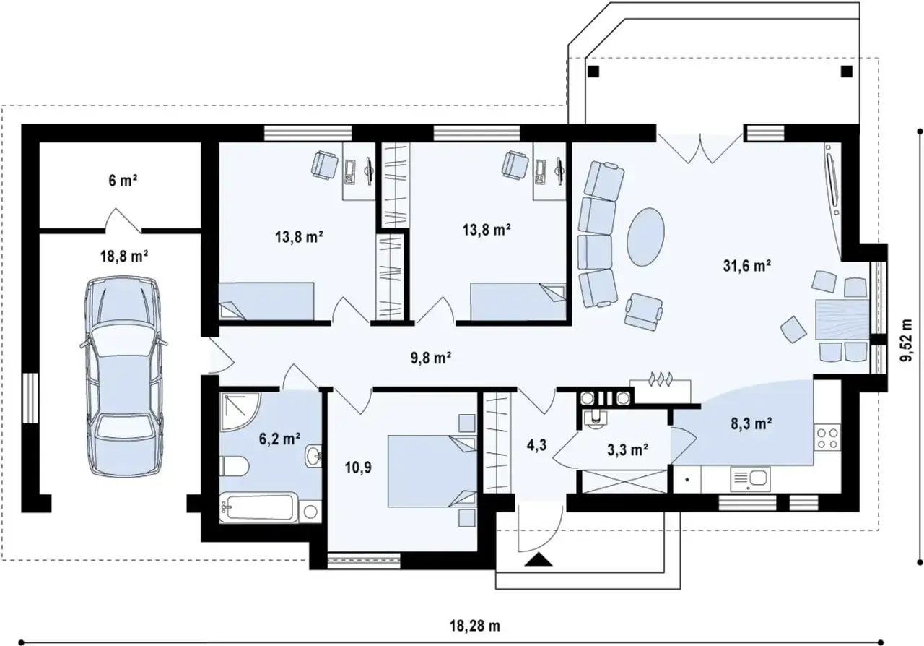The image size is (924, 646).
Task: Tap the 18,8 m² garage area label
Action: click(123, 257)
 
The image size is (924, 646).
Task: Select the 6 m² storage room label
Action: click(123, 181)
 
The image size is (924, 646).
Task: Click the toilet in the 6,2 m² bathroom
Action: click(234, 467)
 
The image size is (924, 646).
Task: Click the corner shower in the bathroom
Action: click(240, 412)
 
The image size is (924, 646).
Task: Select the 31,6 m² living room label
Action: click(747, 266)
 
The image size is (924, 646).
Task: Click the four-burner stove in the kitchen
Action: click(827, 438)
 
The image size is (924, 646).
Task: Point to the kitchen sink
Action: click(750, 479)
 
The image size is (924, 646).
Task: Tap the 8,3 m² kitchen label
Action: click(751, 423)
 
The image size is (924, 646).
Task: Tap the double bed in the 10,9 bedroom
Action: click(432, 470)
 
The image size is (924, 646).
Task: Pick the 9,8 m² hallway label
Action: click(430, 357)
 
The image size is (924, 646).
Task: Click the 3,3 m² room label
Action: click(627, 449)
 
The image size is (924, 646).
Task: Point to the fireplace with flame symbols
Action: click(661, 390)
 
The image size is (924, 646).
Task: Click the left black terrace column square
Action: click(593, 72)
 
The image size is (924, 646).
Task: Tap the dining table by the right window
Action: click(842, 320)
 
